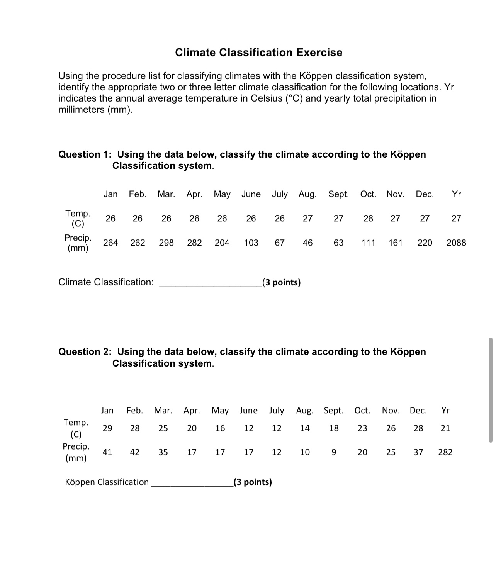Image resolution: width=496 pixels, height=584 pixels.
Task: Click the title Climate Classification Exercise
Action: point(258,53)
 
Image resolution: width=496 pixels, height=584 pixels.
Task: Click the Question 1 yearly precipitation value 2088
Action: point(456,243)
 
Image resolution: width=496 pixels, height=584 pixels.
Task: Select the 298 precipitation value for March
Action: point(166,243)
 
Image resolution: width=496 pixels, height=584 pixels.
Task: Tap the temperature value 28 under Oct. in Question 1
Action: point(368,219)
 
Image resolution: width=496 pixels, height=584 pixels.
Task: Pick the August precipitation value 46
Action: point(307,243)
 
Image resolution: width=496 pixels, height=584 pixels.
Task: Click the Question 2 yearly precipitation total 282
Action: point(445,452)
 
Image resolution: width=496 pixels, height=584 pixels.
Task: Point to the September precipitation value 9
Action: point(334,452)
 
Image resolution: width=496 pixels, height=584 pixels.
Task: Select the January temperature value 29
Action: point(107,428)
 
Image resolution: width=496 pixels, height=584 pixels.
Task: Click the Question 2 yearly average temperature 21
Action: point(445,428)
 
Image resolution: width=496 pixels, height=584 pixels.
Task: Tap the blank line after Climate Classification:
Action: point(210,285)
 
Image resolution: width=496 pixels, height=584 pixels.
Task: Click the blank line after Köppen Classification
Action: point(192,485)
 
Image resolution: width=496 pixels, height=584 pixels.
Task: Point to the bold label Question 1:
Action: point(85,154)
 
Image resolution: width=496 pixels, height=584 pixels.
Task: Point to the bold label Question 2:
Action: point(85,352)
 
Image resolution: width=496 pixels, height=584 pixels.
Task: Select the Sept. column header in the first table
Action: point(338,194)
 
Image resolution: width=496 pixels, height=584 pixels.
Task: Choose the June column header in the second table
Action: point(248,411)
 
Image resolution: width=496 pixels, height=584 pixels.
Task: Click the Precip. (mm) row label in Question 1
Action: point(78,243)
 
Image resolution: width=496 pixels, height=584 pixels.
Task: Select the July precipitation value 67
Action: point(279,243)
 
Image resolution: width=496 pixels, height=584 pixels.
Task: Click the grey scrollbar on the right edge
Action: point(491,390)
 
